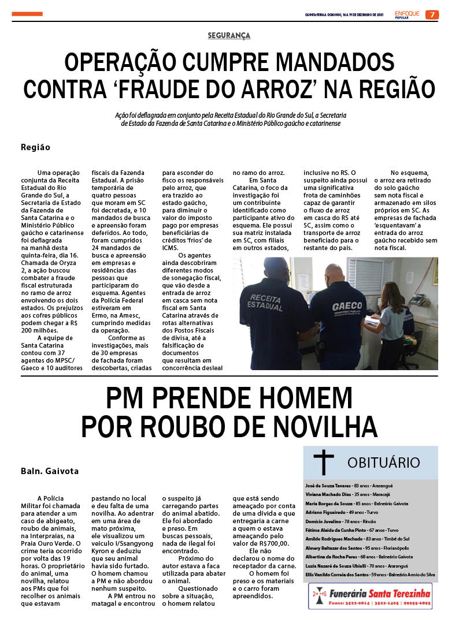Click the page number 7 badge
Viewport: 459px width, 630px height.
pos(432,14)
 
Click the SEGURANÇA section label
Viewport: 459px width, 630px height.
pos(229,36)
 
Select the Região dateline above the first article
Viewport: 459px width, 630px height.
pos(35,147)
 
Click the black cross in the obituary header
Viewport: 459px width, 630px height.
pos(324,462)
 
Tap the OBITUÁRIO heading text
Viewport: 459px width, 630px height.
pos(383,463)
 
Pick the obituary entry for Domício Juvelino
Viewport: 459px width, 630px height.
pos(340,521)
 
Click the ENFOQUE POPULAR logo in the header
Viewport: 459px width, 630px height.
pos(408,14)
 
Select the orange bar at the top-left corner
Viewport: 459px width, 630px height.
pos(27,14)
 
